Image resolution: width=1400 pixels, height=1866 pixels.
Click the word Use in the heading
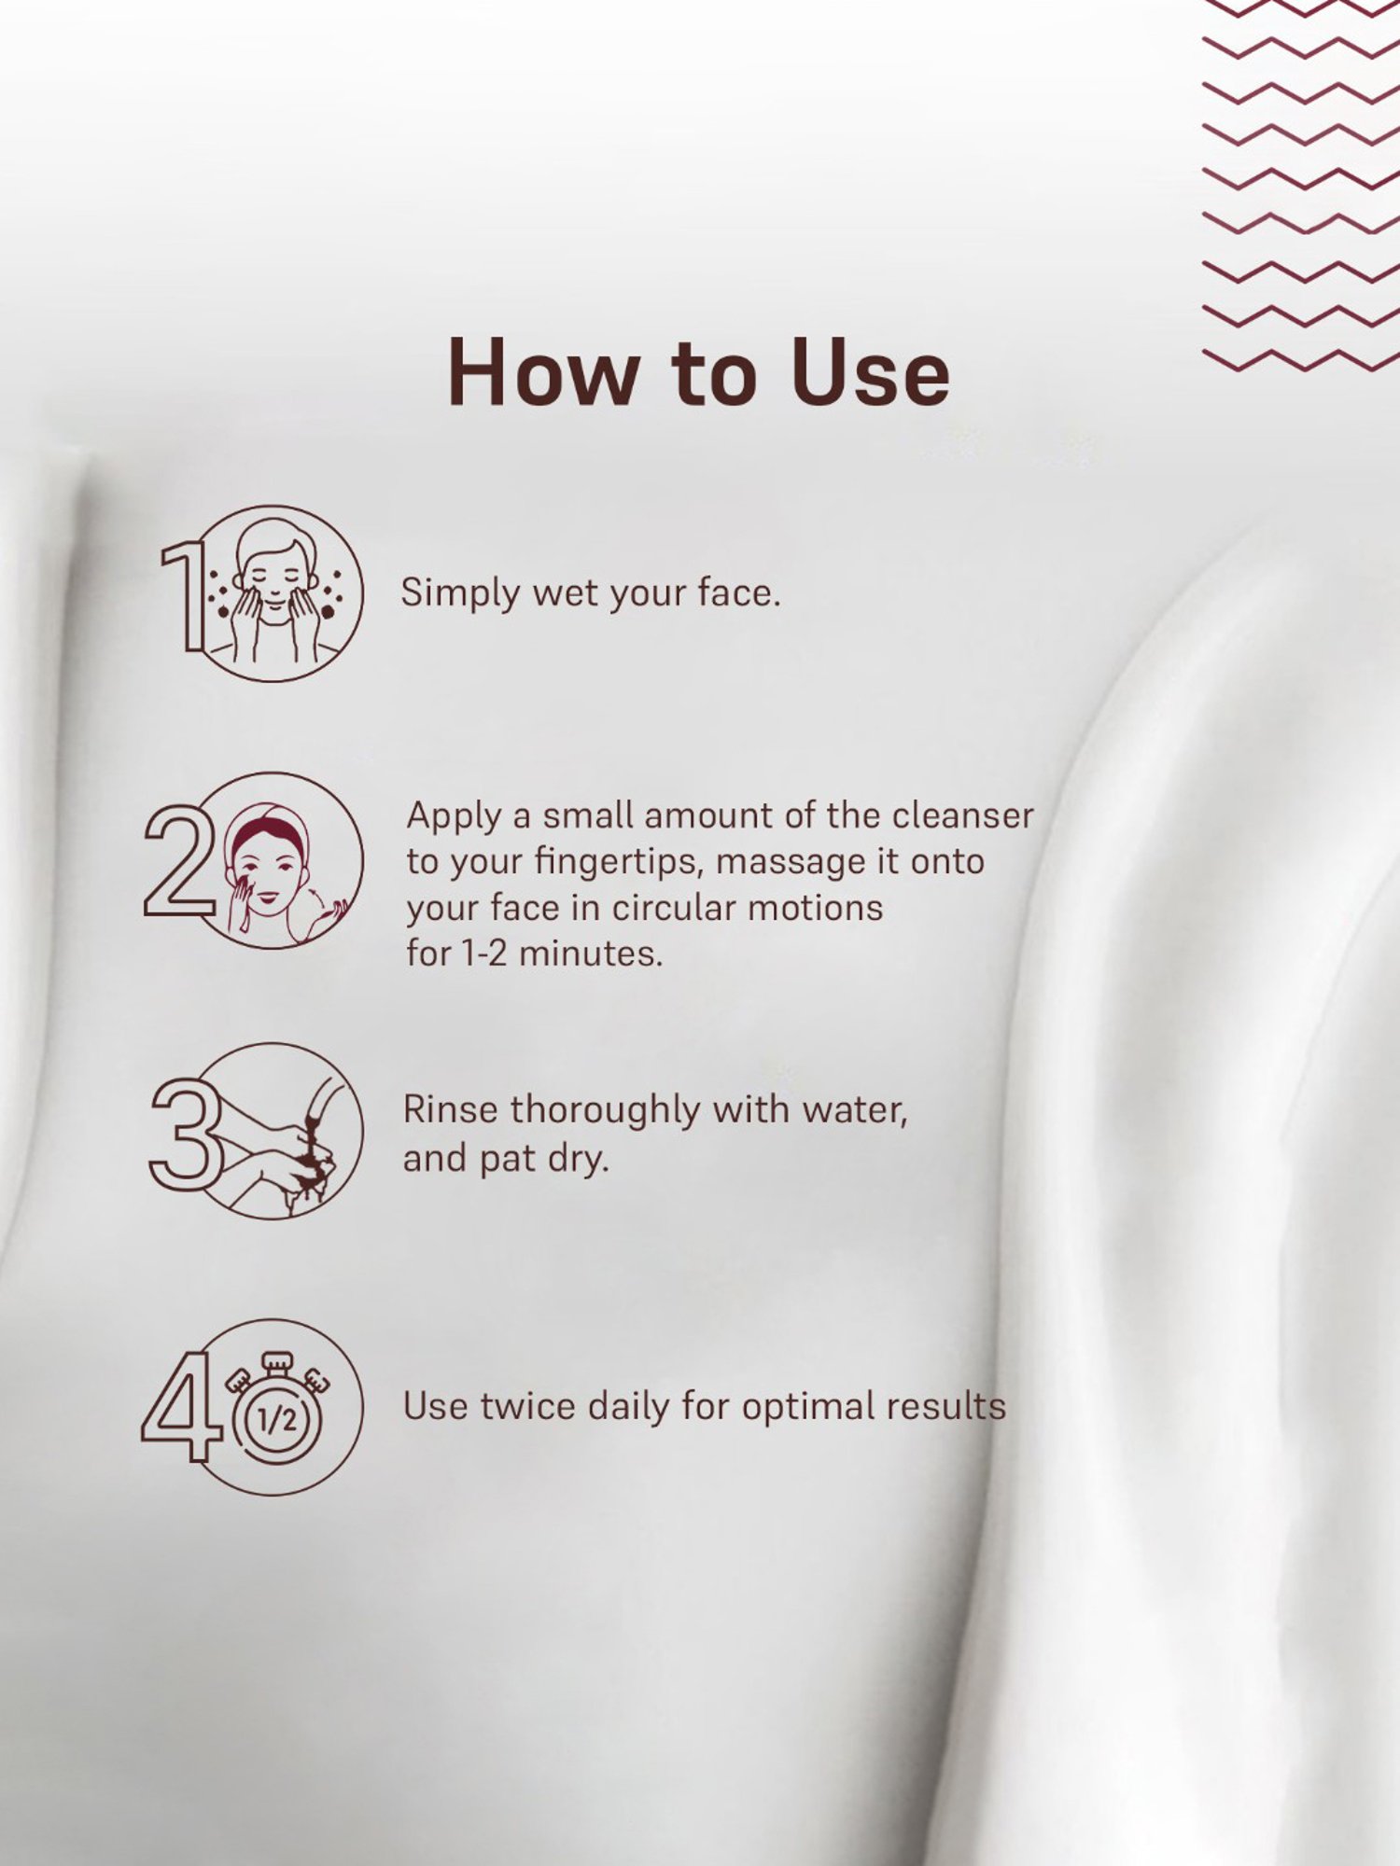870,372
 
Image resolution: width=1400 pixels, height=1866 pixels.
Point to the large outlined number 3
186,1134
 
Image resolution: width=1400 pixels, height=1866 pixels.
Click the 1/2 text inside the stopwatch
277,1420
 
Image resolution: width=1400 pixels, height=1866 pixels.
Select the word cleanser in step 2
962,815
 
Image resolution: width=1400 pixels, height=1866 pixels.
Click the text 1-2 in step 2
484,954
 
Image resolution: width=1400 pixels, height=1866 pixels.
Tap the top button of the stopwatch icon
277,1361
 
